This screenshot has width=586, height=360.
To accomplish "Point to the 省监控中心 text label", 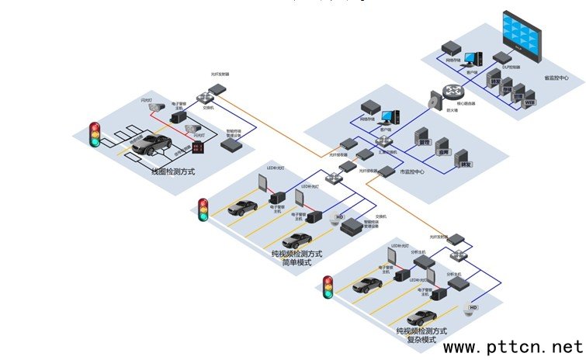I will point(557,78).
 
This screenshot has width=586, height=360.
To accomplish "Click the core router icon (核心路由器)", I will point(452,92).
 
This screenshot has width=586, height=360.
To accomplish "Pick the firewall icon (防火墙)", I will point(434,100).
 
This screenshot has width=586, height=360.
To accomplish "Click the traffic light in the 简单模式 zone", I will point(204,209).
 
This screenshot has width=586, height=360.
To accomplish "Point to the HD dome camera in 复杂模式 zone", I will point(470,310).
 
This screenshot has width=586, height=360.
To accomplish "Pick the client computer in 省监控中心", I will point(475,57).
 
